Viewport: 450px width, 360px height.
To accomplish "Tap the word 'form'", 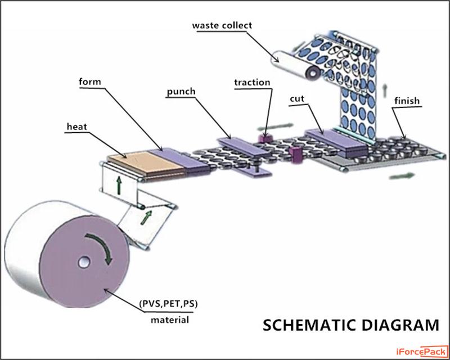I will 91,82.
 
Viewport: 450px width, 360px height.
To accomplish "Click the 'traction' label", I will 252,83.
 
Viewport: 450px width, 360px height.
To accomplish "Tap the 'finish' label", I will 407,102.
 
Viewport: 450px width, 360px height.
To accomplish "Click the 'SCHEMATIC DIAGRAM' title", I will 351,325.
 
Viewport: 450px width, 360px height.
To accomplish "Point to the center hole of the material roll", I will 84,262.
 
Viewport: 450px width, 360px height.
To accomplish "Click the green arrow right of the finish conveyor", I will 402,175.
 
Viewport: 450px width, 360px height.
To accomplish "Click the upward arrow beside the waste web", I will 385,88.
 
